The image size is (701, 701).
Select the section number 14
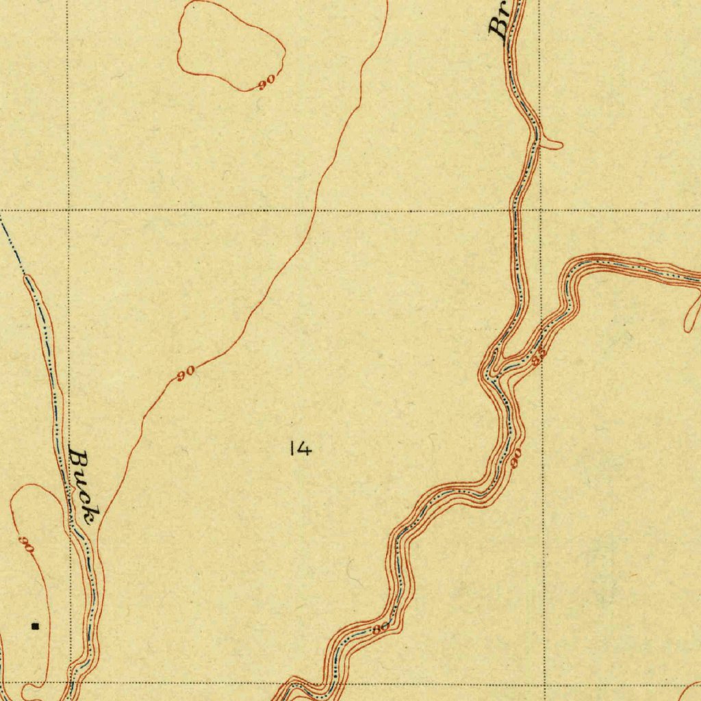tap(301, 449)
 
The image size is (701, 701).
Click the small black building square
tap(36, 626)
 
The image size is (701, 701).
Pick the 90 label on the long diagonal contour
tap(186, 374)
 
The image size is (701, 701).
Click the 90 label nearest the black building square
tap(26, 546)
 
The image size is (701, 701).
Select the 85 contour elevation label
tap(539, 356)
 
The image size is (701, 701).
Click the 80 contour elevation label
tap(381, 628)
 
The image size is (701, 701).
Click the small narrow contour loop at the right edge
tap(692, 311)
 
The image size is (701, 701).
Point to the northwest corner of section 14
tap(68, 210)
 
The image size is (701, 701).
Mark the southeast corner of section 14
tap(544, 683)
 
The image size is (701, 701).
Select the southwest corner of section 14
tap(71, 683)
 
